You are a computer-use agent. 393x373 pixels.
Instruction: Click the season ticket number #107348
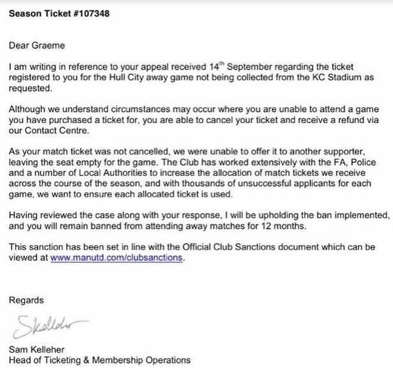(x=89, y=14)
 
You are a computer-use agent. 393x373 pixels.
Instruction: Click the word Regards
(x=27, y=300)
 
